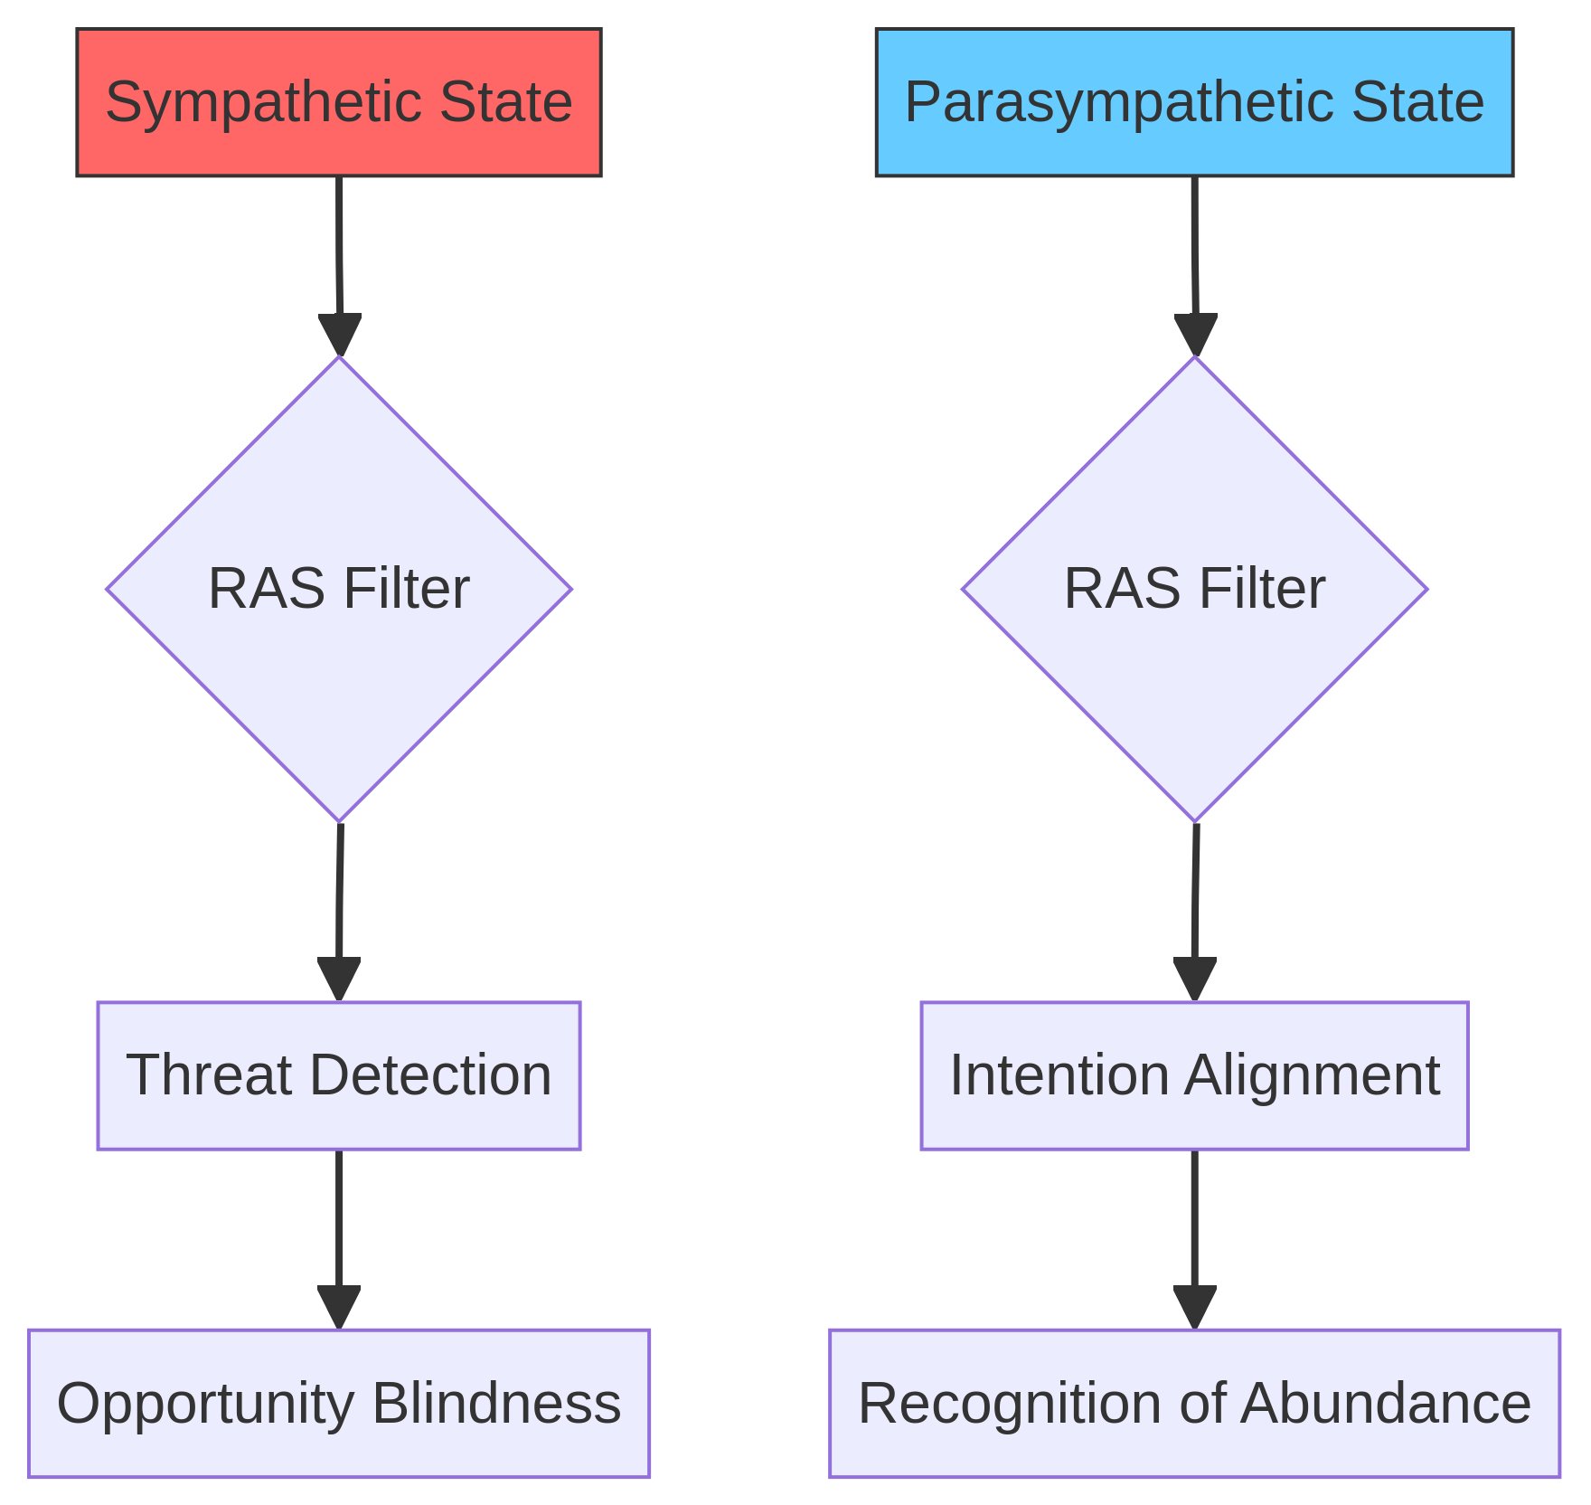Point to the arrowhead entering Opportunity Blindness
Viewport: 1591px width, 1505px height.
coord(339,1307)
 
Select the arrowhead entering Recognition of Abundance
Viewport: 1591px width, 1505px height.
coord(1194,1307)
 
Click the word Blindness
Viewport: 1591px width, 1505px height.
coord(496,1403)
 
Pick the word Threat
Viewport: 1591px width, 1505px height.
coord(209,1074)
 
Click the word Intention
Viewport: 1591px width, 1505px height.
coord(1059,1074)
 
